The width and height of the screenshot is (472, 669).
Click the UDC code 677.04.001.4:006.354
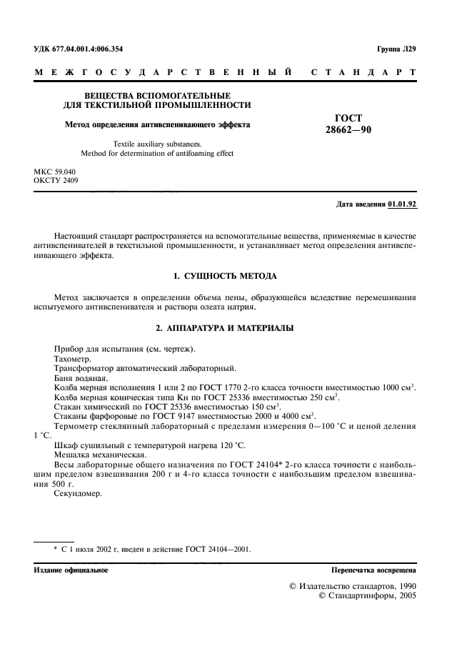click(89, 49)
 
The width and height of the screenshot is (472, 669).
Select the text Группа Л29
click(396, 49)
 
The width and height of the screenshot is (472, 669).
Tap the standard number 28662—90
click(348, 131)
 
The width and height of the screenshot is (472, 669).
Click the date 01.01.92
click(402, 204)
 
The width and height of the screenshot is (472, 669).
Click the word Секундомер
click(77, 494)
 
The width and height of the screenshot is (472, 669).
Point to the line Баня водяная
click(81, 377)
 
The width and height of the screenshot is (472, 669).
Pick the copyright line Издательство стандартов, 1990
click(352, 585)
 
